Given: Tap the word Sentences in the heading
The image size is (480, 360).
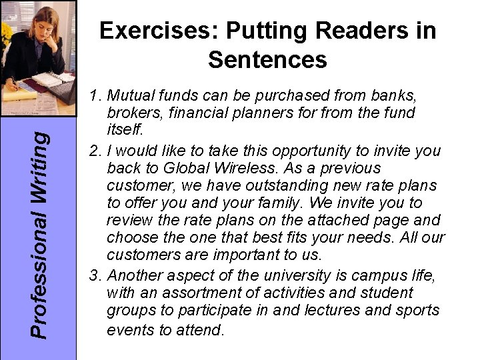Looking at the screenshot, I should tap(267, 60).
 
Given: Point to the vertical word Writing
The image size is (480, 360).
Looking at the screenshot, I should tap(41, 154).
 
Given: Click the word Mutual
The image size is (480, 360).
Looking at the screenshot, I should tap(131, 97).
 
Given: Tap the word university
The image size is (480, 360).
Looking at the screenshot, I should tap(286, 275).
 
